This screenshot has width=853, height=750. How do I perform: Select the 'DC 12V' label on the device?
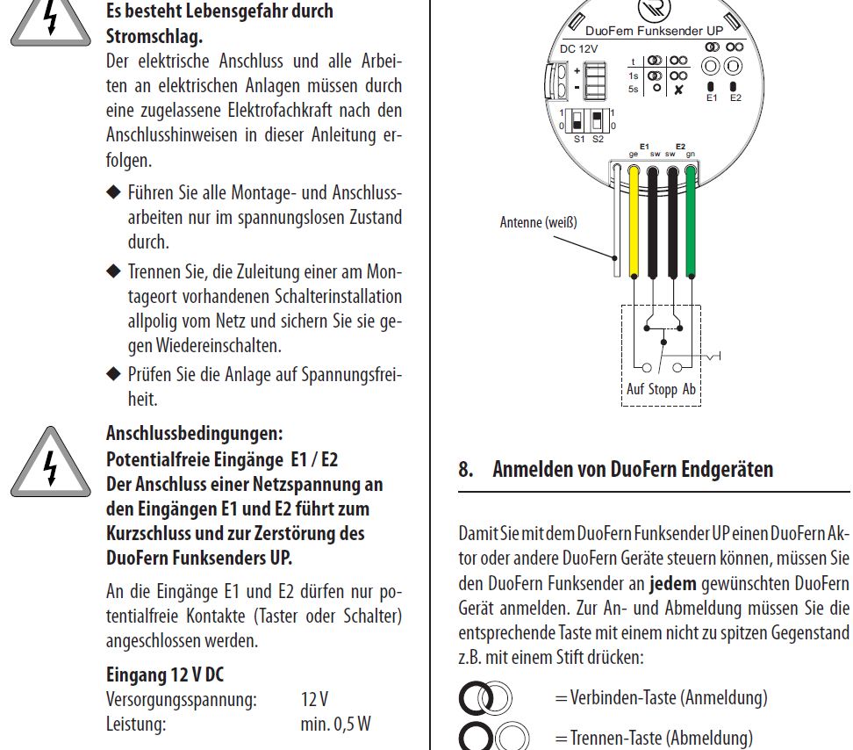coord(580,49)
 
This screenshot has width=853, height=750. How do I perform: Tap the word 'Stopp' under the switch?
coord(663,388)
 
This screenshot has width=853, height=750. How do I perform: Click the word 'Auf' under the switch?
coord(634,388)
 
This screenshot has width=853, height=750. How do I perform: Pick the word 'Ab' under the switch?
coord(689,388)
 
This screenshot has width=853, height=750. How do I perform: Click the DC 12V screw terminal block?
coord(595,81)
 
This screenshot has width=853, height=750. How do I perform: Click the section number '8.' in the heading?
coord(466,469)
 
